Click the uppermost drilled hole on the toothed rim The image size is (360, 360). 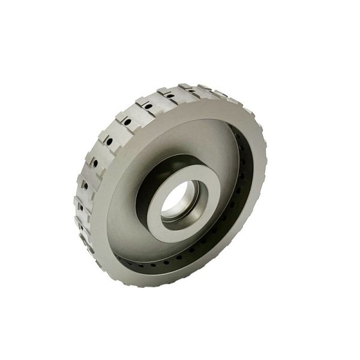(x=170, y=95)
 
